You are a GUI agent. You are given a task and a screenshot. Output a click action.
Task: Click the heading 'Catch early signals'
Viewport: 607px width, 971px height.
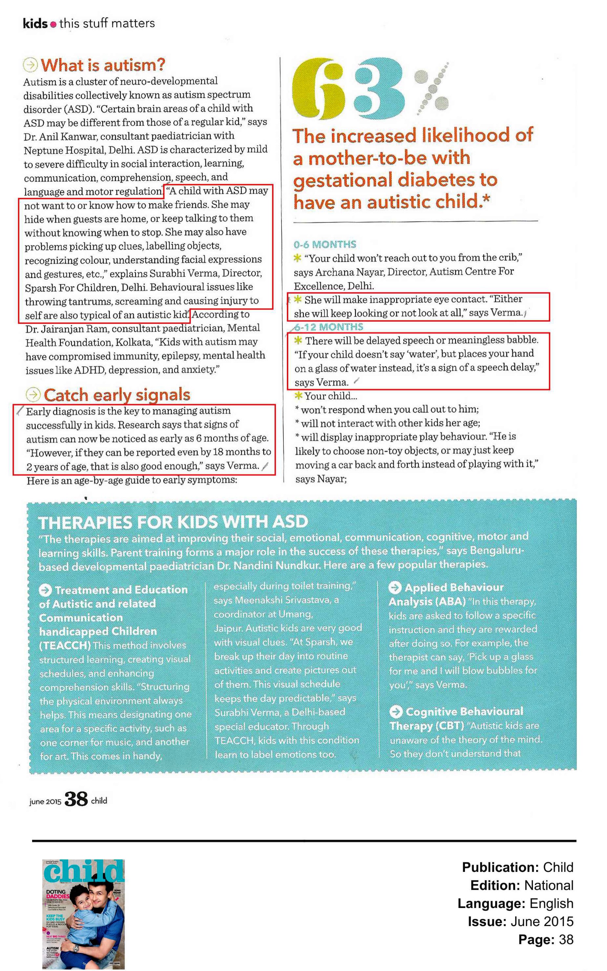coord(116,395)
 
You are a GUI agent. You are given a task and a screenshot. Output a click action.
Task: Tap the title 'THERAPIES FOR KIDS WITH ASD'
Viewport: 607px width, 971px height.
coord(173,522)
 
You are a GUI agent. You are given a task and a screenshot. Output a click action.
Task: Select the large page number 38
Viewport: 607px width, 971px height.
coord(76,799)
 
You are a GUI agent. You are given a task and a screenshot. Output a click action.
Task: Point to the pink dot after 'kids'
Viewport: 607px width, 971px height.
coord(53,25)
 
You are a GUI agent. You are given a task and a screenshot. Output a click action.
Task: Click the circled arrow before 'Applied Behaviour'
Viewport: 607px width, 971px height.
coord(395,588)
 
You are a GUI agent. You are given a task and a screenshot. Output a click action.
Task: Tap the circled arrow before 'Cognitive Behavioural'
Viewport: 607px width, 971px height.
coord(396,712)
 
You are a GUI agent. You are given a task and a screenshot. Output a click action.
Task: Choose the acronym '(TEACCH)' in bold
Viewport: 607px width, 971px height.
coord(65,645)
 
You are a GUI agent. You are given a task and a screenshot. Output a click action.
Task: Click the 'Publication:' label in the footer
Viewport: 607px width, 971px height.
coord(500,867)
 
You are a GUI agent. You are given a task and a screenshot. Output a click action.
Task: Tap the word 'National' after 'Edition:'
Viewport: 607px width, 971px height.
coord(548,885)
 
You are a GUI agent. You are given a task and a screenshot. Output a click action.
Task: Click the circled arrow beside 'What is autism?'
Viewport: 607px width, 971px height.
coord(30,65)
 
